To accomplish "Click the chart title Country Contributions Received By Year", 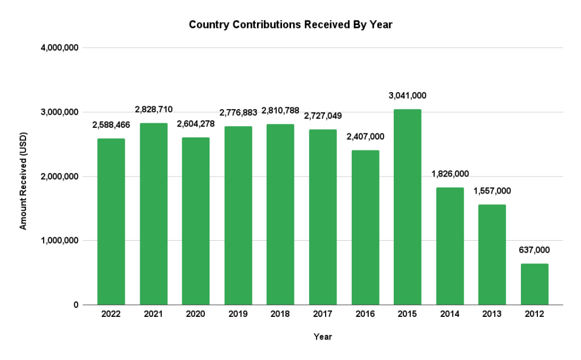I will pos(290,25).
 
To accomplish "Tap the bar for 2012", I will pos(534,284).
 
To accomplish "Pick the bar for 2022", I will pos(111,221).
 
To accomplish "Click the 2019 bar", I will pos(238,216).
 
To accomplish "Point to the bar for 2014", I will pos(450,246).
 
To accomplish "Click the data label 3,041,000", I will pos(407,95).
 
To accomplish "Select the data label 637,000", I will pos(534,250).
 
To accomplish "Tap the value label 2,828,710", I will pos(154,109).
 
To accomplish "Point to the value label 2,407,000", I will pos(365,136).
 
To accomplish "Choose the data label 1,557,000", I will pos(492,191).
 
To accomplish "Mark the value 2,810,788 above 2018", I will pos(280,110).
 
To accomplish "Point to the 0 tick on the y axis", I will pos(75,305).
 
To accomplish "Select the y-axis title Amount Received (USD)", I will pos(23,176).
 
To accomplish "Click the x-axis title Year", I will pos(323,337).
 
